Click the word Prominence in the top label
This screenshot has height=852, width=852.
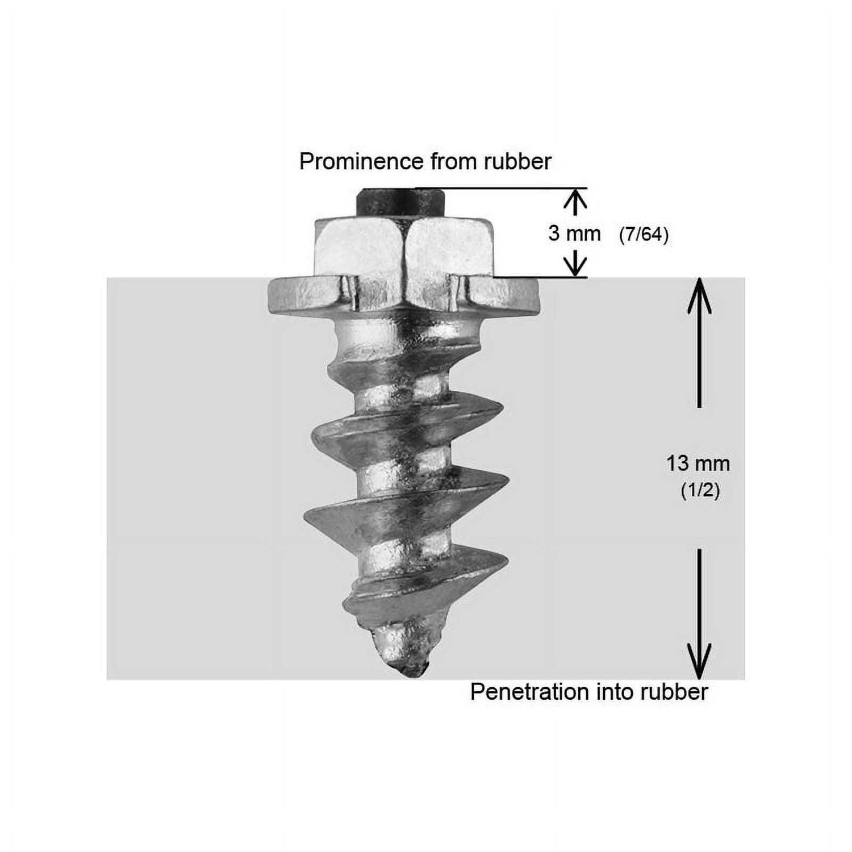(361, 162)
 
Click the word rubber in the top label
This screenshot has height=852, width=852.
(517, 162)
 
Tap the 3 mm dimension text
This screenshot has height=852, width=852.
(574, 233)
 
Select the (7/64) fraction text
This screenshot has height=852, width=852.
(644, 234)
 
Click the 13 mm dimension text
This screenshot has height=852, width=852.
(698, 464)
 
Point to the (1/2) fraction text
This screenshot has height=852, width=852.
(700, 491)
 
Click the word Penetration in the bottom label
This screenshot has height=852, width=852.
(529, 692)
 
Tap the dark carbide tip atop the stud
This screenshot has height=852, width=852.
(400, 202)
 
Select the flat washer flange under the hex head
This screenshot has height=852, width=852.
(403, 295)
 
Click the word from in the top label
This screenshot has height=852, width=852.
(453, 162)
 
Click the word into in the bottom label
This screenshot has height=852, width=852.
(614, 692)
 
